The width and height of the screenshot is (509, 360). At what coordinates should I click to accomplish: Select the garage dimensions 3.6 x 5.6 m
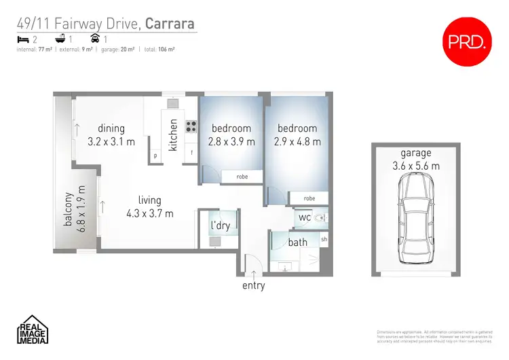pyautogui.click(x=415, y=165)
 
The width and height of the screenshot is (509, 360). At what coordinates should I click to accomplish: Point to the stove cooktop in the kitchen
pyautogui.click(x=191, y=126)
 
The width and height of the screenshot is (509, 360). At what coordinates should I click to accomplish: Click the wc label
pyautogui.click(x=305, y=217)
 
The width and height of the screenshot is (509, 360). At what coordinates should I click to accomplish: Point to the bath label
pyautogui.click(x=298, y=242)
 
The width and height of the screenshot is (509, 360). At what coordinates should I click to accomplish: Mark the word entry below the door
pyautogui.click(x=253, y=285)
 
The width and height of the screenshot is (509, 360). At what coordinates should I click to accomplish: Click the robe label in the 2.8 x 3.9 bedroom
pyautogui.click(x=242, y=177)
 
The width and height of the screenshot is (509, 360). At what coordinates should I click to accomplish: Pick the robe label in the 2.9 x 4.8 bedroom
pyautogui.click(x=309, y=198)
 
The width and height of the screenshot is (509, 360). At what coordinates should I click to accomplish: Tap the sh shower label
pyautogui.click(x=324, y=240)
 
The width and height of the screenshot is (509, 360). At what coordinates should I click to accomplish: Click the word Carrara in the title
pyautogui.click(x=171, y=24)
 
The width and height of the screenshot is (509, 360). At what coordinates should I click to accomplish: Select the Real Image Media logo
pyautogui.click(x=31, y=330)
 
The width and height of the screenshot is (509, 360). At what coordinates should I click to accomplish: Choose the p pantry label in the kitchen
pyautogui.click(x=155, y=155)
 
